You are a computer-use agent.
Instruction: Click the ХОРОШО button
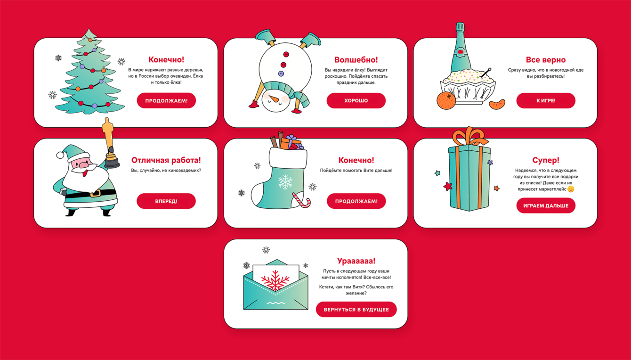pos(356,101)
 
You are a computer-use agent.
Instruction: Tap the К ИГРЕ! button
pos(546,101)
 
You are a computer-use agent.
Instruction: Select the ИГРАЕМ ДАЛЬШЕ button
pos(546,206)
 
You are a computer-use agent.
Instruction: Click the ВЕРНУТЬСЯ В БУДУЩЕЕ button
pos(356,310)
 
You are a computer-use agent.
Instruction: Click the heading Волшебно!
pos(356,60)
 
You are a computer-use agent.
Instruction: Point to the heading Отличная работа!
pos(166,160)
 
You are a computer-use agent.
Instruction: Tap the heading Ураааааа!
pos(356,261)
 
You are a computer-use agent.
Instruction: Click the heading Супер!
pos(546,160)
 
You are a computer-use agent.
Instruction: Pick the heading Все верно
pos(546,60)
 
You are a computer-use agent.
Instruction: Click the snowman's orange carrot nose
pos(273,99)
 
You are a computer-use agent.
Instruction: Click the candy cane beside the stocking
pos(302,200)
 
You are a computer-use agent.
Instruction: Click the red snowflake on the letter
pos(275,280)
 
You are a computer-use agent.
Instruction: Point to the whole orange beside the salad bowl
pos(446,101)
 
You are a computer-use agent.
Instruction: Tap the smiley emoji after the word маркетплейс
pos(571,189)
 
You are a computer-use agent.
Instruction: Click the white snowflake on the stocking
pos(285,182)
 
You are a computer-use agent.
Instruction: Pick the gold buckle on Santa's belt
pos(95,193)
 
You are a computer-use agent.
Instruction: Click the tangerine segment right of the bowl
pos(497,104)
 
